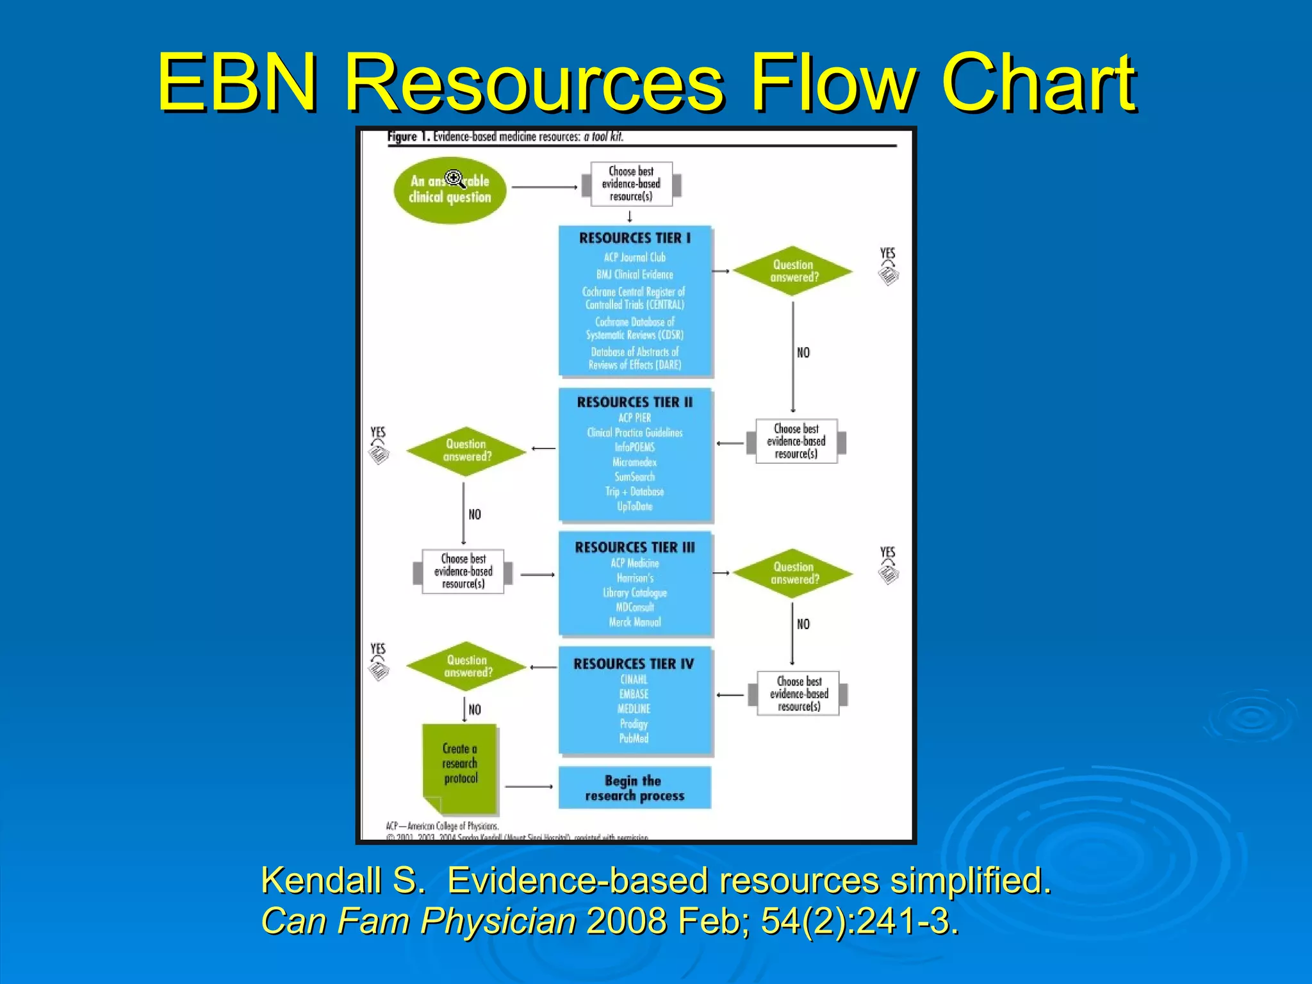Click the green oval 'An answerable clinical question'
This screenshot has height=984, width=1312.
point(450,190)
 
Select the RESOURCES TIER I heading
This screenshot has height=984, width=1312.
point(635,238)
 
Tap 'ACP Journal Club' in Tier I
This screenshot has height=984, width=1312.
point(635,258)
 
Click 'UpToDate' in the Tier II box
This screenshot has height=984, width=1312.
point(634,506)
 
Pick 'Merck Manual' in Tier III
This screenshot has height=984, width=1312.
point(634,622)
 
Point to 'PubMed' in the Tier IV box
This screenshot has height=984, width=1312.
point(634,739)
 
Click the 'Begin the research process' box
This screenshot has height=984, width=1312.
point(634,788)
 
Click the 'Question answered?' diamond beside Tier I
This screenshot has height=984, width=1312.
point(793,271)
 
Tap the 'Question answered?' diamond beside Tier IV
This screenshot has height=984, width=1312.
point(467,666)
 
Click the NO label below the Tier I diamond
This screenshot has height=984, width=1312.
point(803,352)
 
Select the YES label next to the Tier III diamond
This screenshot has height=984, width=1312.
point(887,552)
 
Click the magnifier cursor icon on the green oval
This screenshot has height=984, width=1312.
point(454,178)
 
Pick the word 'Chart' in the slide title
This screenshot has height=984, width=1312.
point(1038,83)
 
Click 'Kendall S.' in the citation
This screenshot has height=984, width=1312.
point(343,880)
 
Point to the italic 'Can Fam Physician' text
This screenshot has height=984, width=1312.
point(419,921)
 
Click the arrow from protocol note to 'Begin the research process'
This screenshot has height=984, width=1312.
point(529,786)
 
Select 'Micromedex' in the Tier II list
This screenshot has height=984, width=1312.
point(634,462)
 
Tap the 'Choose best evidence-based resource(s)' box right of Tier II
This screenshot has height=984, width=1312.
point(796,441)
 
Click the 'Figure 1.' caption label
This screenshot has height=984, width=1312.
point(408,137)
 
